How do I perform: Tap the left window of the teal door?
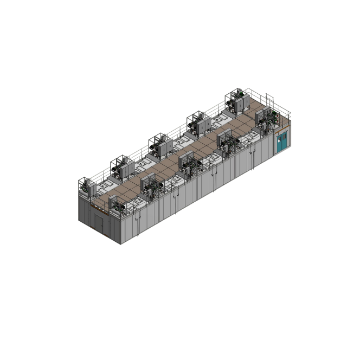point(279,139)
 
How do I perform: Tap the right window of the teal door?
point(283,137)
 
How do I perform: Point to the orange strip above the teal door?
point(281,132)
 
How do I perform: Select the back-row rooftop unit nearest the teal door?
point(236,101)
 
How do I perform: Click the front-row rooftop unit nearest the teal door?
point(265,120)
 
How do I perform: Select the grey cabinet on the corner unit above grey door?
point(91,188)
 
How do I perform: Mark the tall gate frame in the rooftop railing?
point(269,100)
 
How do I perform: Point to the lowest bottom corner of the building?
point(120,244)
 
